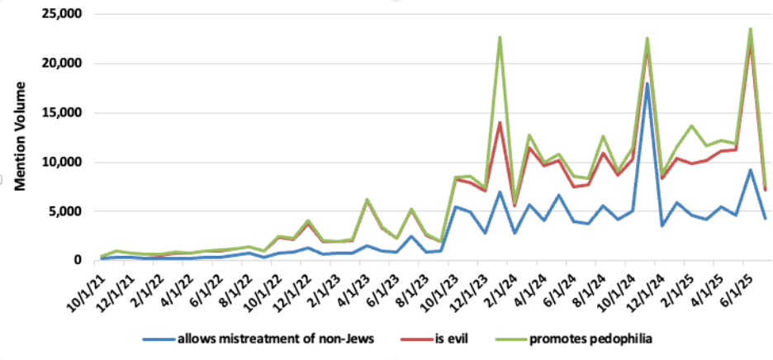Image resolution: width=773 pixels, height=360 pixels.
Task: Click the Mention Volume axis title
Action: [x=21, y=137]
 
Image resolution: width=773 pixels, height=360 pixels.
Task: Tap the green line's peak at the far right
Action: [x=750, y=29]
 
